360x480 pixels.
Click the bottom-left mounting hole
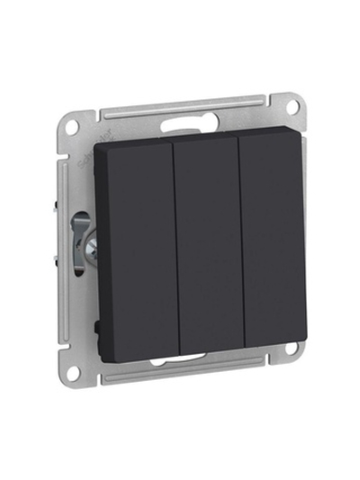click(x=73, y=372)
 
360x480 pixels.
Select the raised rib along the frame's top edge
click(x=180, y=109)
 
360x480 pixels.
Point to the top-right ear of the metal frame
click(x=290, y=106)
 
